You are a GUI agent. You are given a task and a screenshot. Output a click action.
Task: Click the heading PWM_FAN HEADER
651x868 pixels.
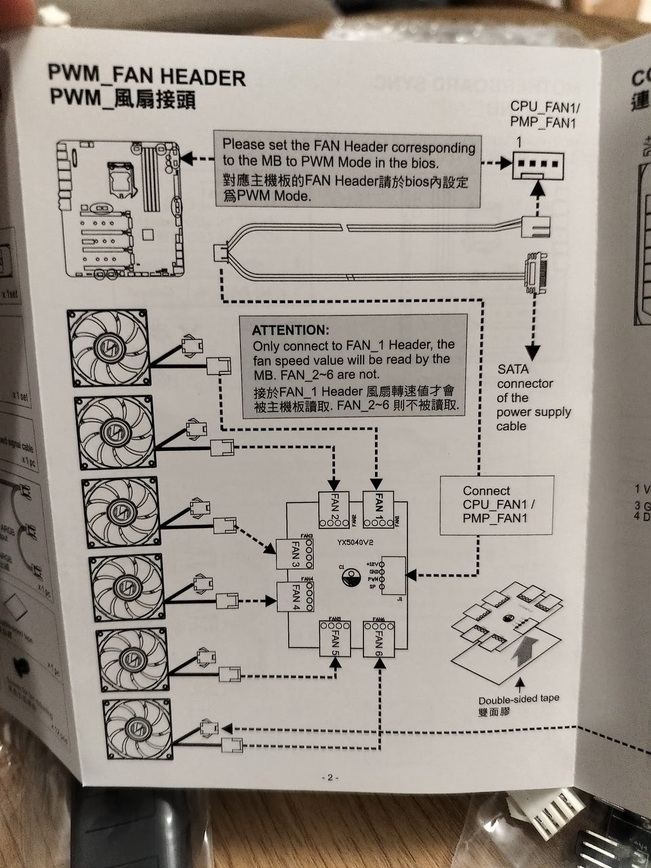[146, 76]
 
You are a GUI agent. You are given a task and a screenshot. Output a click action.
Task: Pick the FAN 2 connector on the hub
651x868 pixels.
[335, 510]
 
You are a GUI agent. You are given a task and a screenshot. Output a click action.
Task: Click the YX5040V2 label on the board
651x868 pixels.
[355, 542]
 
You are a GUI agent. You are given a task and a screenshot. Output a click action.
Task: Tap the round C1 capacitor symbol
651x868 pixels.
[351, 578]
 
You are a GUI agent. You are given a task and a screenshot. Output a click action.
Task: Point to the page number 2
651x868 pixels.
[330, 778]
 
